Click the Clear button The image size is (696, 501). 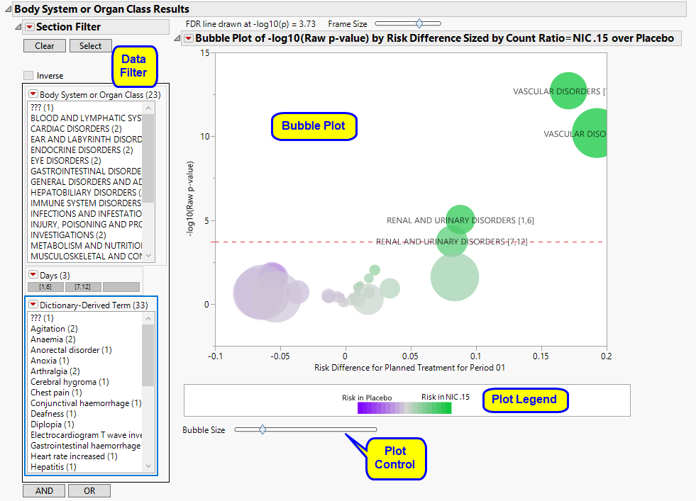(44, 46)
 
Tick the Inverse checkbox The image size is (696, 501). (28, 76)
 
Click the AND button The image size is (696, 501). (44, 490)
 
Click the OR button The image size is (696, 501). (89, 490)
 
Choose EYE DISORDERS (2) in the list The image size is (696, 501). (65, 161)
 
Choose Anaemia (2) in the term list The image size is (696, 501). (53, 339)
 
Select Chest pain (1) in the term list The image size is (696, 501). (56, 393)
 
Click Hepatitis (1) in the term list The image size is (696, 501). (53, 467)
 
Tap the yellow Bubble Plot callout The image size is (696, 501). (314, 126)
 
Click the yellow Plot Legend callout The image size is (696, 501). (525, 400)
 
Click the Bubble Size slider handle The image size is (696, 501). (263, 429)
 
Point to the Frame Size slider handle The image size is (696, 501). (419, 24)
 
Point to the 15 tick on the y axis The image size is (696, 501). (204, 53)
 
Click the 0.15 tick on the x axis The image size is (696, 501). (541, 357)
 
